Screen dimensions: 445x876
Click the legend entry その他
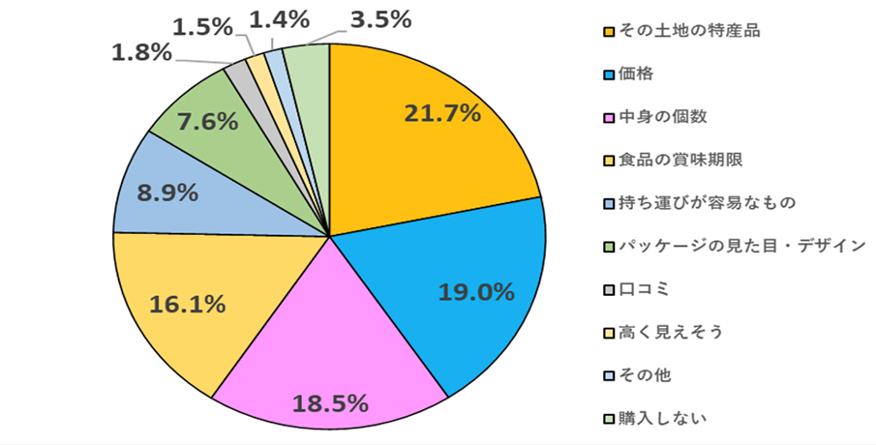click(644, 374)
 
